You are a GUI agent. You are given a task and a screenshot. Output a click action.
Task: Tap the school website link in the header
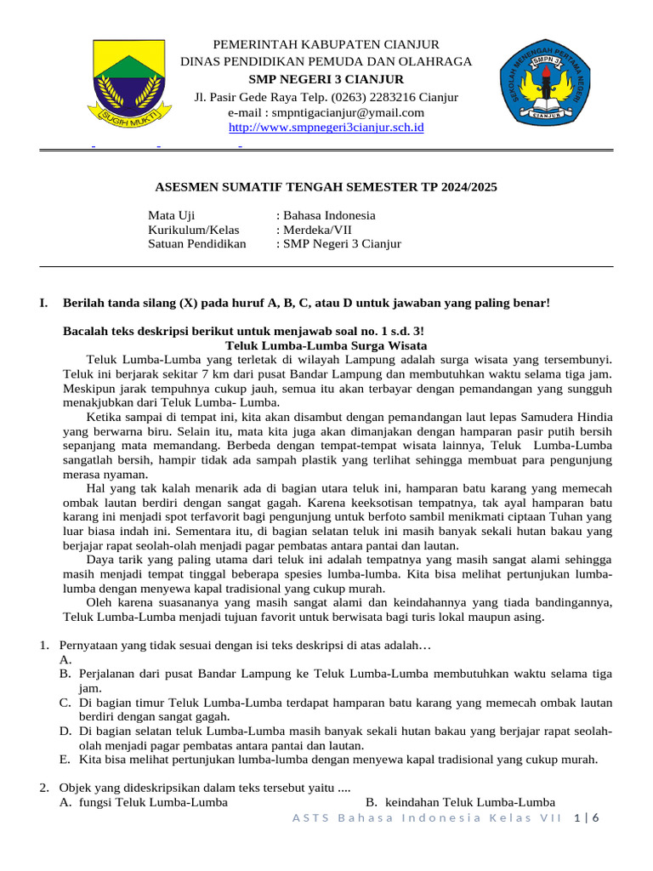coord(326,128)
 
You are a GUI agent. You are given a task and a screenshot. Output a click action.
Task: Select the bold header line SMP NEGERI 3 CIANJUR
coord(326,79)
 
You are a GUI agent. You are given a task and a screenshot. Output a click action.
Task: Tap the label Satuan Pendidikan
coord(196,244)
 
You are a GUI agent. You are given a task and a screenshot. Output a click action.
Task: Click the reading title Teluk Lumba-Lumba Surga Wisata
coord(326,345)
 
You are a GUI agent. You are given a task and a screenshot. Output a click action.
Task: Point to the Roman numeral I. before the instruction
coord(43,302)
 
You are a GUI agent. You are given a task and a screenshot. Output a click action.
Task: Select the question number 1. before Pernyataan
coord(44,646)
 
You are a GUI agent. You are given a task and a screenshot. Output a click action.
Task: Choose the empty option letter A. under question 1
coord(65,660)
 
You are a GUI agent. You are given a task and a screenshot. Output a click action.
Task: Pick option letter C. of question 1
coord(65,703)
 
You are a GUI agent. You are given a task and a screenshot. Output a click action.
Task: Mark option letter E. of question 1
coord(65,760)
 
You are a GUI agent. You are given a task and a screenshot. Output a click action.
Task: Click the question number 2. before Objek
coord(44,788)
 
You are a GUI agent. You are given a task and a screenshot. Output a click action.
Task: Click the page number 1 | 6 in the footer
coord(587,818)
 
